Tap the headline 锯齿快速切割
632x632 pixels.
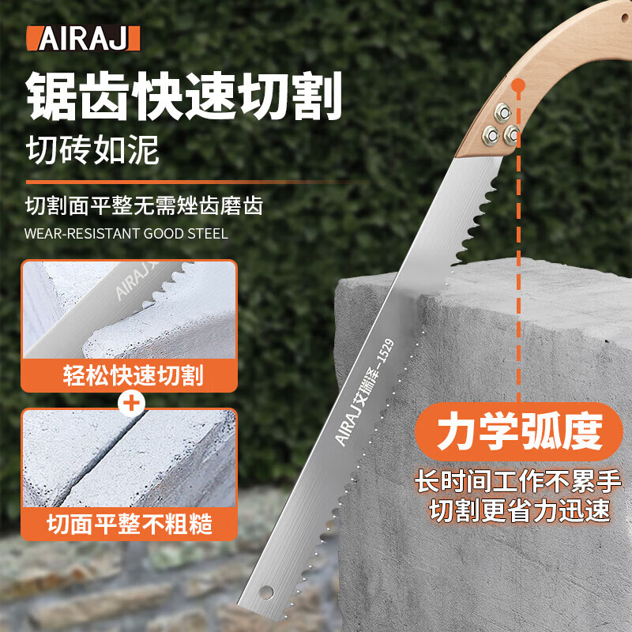[183, 96]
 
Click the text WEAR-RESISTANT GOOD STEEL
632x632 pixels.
[126, 234]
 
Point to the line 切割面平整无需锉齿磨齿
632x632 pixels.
[144, 207]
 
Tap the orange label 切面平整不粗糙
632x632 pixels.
[128, 522]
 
